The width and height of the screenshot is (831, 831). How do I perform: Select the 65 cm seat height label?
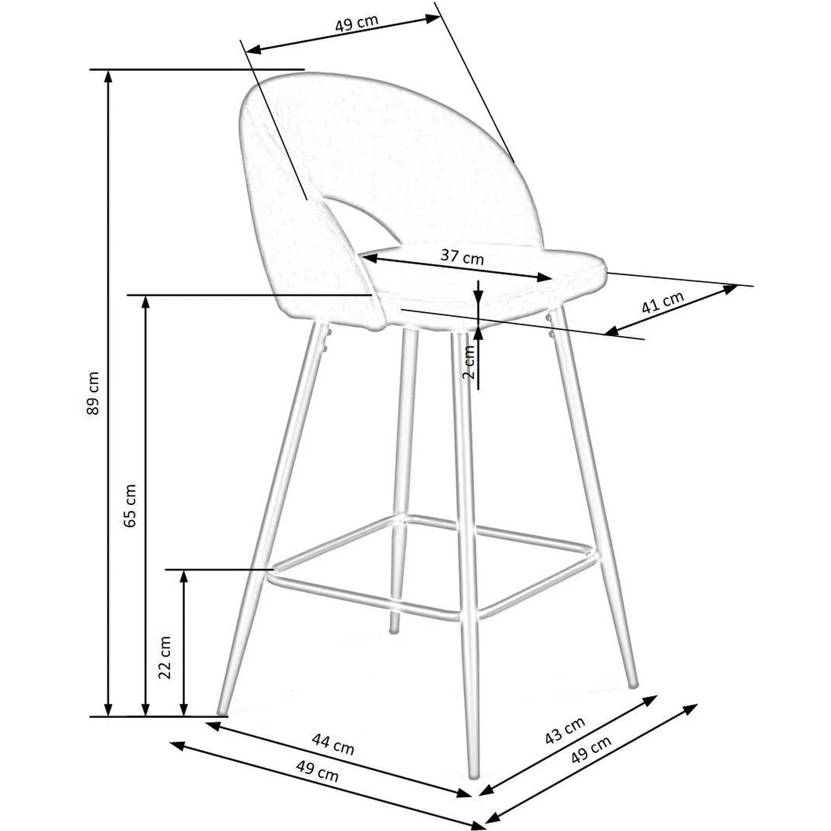(131, 506)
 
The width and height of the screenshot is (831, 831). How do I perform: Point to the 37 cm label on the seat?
(462, 257)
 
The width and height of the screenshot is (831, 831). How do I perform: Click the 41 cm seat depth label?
(663, 302)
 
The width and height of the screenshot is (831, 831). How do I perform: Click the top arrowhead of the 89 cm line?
(108, 76)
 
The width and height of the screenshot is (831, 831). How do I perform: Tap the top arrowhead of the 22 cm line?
(184, 577)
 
